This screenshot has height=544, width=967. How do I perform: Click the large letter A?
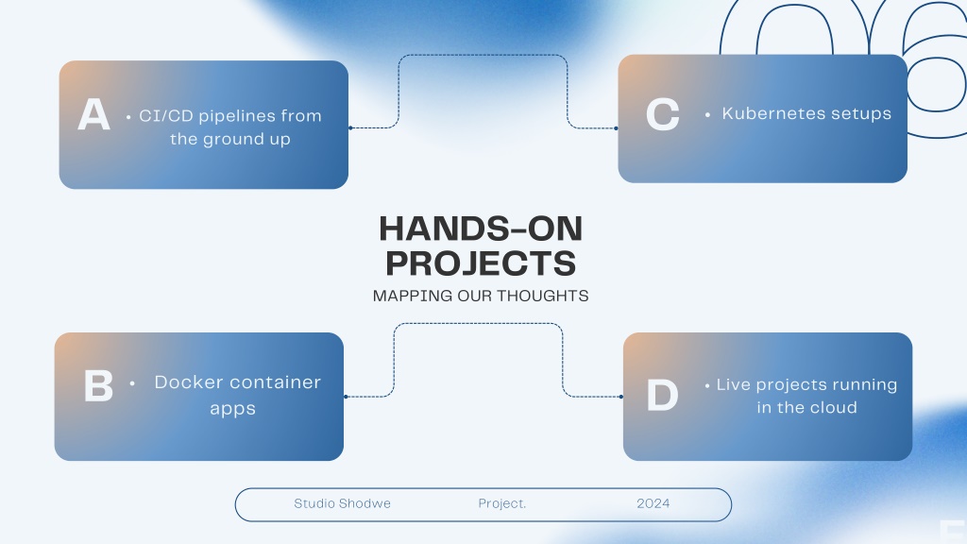click(93, 114)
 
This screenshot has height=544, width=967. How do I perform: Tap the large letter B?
click(98, 385)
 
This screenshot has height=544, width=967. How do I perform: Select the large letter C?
click(662, 114)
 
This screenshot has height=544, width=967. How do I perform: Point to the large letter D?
click(662, 395)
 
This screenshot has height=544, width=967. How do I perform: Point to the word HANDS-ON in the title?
click(481, 229)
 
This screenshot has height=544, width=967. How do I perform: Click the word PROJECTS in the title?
click(481, 263)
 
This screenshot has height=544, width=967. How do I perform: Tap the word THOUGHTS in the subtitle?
click(543, 296)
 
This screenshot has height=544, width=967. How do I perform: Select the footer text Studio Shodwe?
click(342, 503)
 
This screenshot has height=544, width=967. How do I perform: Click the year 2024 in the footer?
click(653, 503)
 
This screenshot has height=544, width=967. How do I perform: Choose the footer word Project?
click(502, 503)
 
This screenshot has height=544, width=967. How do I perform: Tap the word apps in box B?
click(232, 410)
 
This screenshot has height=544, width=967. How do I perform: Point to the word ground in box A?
click(233, 140)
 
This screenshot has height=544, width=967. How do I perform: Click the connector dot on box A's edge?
click(350, 128)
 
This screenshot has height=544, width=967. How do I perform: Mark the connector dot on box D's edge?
click(621, 397)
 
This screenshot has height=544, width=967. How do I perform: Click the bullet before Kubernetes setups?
click(707, 114)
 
